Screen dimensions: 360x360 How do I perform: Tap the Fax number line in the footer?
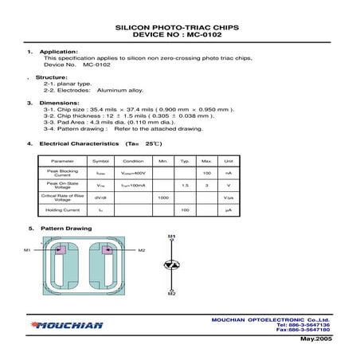click(x=303, y=329)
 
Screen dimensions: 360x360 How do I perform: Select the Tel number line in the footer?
click(x=304, y=324)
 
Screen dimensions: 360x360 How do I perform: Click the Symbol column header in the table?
click(x=100, y=160)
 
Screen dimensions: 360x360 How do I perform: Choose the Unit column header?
click(x=228, y=160)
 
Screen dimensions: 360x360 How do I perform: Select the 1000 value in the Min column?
click(x=163, y=197)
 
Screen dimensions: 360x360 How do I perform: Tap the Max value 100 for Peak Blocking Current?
click(x=206, y=173)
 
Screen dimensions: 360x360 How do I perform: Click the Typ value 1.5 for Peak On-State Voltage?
click(x=185, y=185)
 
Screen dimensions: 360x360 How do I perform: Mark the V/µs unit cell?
click(x=228, y=197)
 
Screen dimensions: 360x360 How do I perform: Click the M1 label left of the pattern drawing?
click(x=27, y=250)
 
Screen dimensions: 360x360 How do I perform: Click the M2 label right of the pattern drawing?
click(x=142, y=250)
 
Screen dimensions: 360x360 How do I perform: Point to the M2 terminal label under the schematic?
click(x=171, y=294)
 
